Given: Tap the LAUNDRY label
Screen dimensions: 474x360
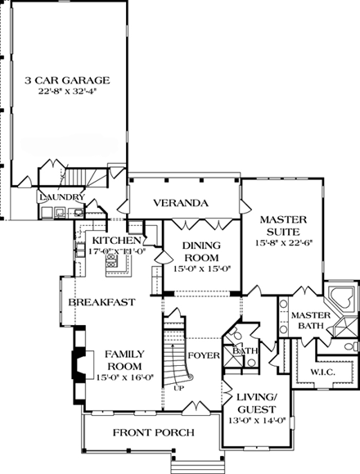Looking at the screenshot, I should click(61, 197).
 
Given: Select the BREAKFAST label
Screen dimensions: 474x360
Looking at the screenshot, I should click(101, 302).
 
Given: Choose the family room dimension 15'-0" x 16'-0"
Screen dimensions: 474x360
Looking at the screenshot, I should click(124, 377).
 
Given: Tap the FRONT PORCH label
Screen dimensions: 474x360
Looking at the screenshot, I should click(154, 432).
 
